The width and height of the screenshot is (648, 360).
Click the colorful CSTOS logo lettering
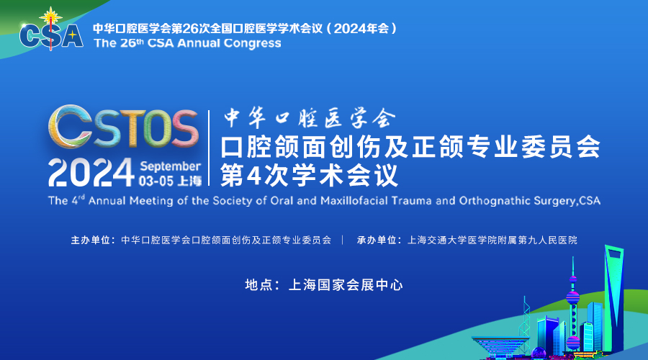coord(123,127)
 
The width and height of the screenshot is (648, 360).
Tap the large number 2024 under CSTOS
coord(91,172)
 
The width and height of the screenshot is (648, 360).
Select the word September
coord(170,166)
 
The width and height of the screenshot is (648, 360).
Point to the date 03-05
coord(156,181)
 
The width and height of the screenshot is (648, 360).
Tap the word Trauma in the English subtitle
coord(412,201)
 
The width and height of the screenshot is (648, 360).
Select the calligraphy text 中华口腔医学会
coord(310,118)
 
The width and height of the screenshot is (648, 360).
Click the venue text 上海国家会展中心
coord(346,285)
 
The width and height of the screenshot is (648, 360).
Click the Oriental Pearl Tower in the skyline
coord(573,306)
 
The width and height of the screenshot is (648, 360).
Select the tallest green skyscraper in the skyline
coord(614,297)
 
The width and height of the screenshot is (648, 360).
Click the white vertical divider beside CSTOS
coord(209,148)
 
